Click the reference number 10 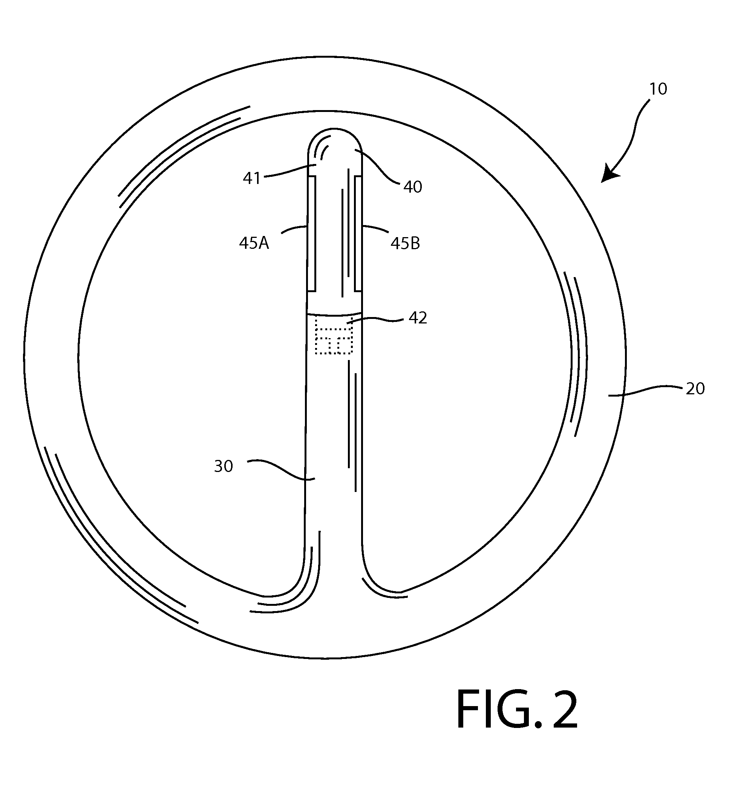coord(658,89)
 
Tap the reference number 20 coord(695,389)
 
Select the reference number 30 coord(223,466)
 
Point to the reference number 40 coord(412,187)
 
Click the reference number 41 coord(251,178)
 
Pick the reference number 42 coord(418,318)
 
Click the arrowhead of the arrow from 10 coord(610,174)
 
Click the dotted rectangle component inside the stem coord(334,336)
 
